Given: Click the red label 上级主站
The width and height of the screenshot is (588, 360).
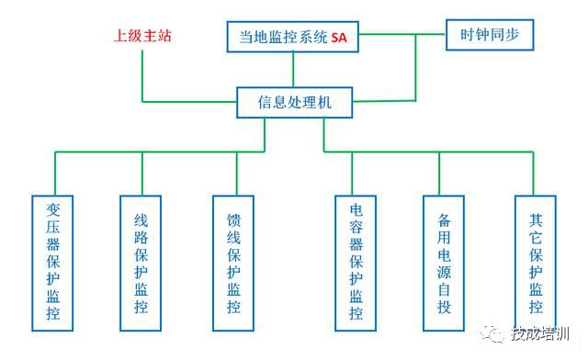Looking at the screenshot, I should pos(142,37).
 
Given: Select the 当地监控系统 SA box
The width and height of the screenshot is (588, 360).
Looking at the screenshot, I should pos(293,38).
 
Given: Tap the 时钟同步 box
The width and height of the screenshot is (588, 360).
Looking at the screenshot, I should pos(490,36).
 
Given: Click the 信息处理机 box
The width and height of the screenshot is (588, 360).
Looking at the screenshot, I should pos(295,102).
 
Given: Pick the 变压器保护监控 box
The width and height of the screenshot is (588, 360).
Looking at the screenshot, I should pos(52,263).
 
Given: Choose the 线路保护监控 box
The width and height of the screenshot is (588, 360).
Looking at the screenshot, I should pos(141,263).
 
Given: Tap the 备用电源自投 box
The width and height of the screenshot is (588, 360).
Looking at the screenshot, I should pos(445,263).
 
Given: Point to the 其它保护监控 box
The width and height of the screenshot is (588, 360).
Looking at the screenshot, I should pos(536,263).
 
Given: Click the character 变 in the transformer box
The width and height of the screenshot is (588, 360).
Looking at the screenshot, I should pos(52,209).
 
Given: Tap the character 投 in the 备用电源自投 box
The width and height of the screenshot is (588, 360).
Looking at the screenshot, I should pos(445,306).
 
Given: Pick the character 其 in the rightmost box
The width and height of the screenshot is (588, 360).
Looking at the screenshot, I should pos(536,220).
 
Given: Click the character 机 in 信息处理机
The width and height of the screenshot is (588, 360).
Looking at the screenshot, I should pos(343,102).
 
